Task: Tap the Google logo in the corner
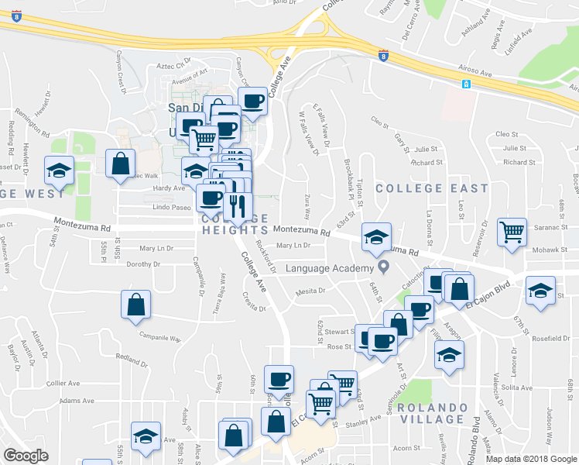click(26, 456)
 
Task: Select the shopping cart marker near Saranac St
click(512, 231)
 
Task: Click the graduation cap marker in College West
click(58, 169)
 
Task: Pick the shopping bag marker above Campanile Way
click(136, 305)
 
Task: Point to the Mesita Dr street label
click(311, 292)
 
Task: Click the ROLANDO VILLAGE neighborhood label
click(430, 413)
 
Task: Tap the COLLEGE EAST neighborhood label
click(432, 188)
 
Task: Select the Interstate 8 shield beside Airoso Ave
click(382, 56)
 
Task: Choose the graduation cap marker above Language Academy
click(377, 236)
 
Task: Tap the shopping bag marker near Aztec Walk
click(121, 164)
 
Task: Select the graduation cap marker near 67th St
click(540, 290)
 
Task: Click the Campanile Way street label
click(159, 337)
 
